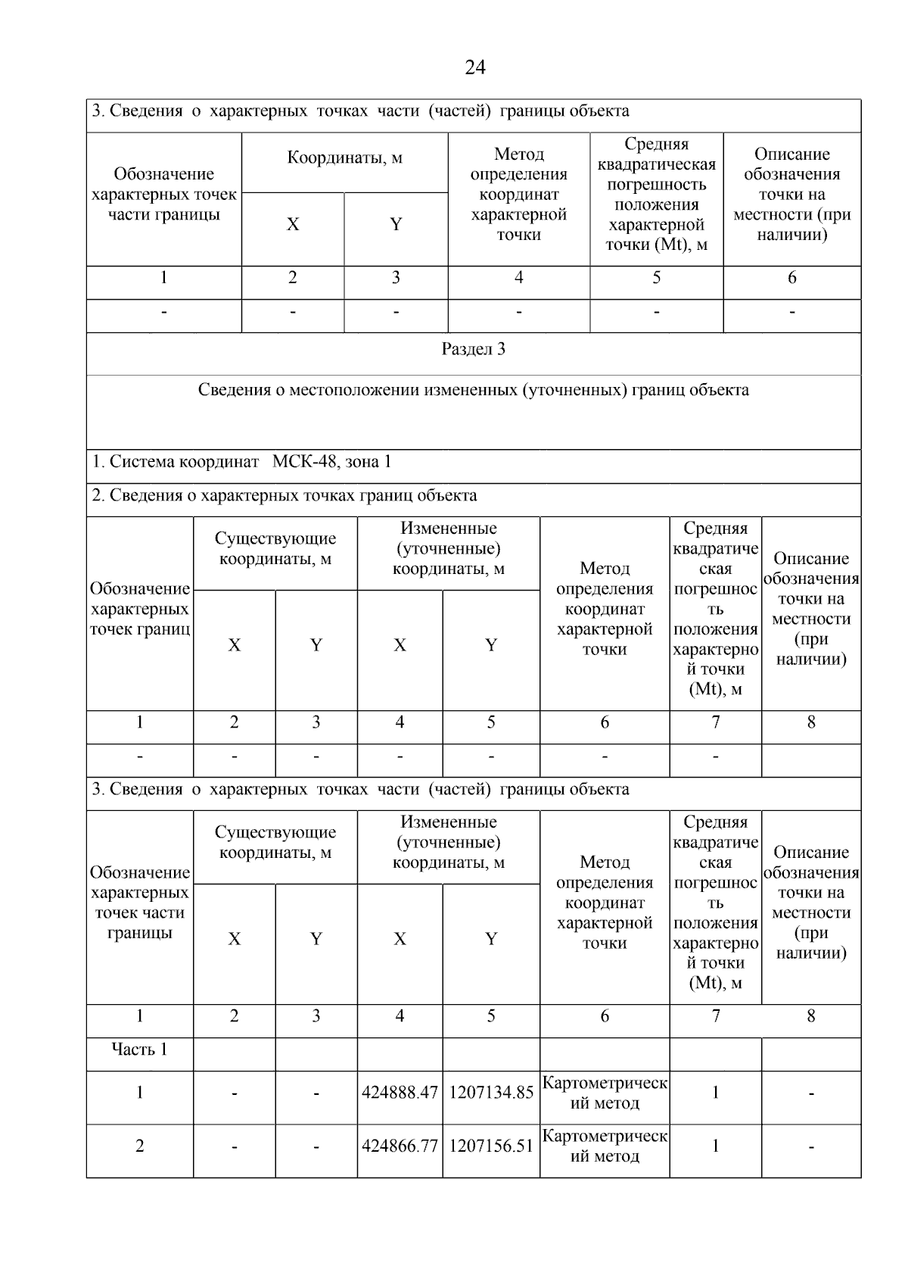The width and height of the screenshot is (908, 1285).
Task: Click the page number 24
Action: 474,68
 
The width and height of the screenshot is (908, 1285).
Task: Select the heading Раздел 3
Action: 473,350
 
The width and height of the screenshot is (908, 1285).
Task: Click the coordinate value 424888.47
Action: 400,1093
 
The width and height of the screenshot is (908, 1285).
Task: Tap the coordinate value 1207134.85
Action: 491,1093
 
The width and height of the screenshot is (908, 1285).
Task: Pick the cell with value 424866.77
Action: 400,1146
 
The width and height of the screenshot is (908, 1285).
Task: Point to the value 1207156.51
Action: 491,1146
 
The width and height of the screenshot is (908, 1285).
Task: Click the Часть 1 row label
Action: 139,1050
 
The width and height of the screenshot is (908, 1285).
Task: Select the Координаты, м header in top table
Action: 344,158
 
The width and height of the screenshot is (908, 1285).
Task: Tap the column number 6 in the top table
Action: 791,278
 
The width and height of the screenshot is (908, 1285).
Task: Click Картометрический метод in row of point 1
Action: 605,1093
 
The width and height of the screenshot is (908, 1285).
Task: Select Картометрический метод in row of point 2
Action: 605,1146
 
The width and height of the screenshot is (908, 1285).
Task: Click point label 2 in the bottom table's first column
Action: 139,1146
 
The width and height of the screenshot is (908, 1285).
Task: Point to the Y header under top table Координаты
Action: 396,224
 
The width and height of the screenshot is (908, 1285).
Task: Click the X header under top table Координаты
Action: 293,224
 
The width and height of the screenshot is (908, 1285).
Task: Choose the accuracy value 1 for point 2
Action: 715,1146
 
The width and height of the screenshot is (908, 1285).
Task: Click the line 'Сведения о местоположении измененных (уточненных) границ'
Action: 473,391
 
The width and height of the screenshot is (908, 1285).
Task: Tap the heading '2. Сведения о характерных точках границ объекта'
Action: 285,496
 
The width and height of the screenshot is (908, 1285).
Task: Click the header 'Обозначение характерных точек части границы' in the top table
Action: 163,195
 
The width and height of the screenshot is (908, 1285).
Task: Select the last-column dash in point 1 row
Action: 811,1093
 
